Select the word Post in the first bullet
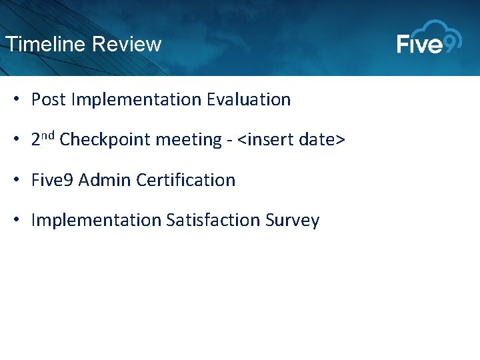tap(48, 100)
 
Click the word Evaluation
tap(249, 100)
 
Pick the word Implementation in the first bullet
tap(137, 100)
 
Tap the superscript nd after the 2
tap(48, 136)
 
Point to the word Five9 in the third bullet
tap(53, 180)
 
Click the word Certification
tap(186, 180)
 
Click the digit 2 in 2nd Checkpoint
tap(36, 141)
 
